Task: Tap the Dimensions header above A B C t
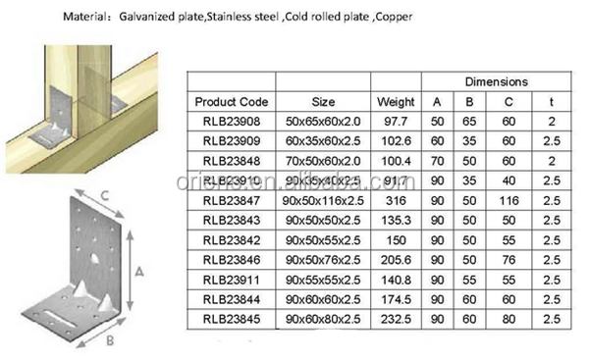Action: [496, 81]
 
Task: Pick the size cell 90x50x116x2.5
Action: [321, 201]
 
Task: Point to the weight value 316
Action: [396, 201]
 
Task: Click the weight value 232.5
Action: [396, 320]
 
